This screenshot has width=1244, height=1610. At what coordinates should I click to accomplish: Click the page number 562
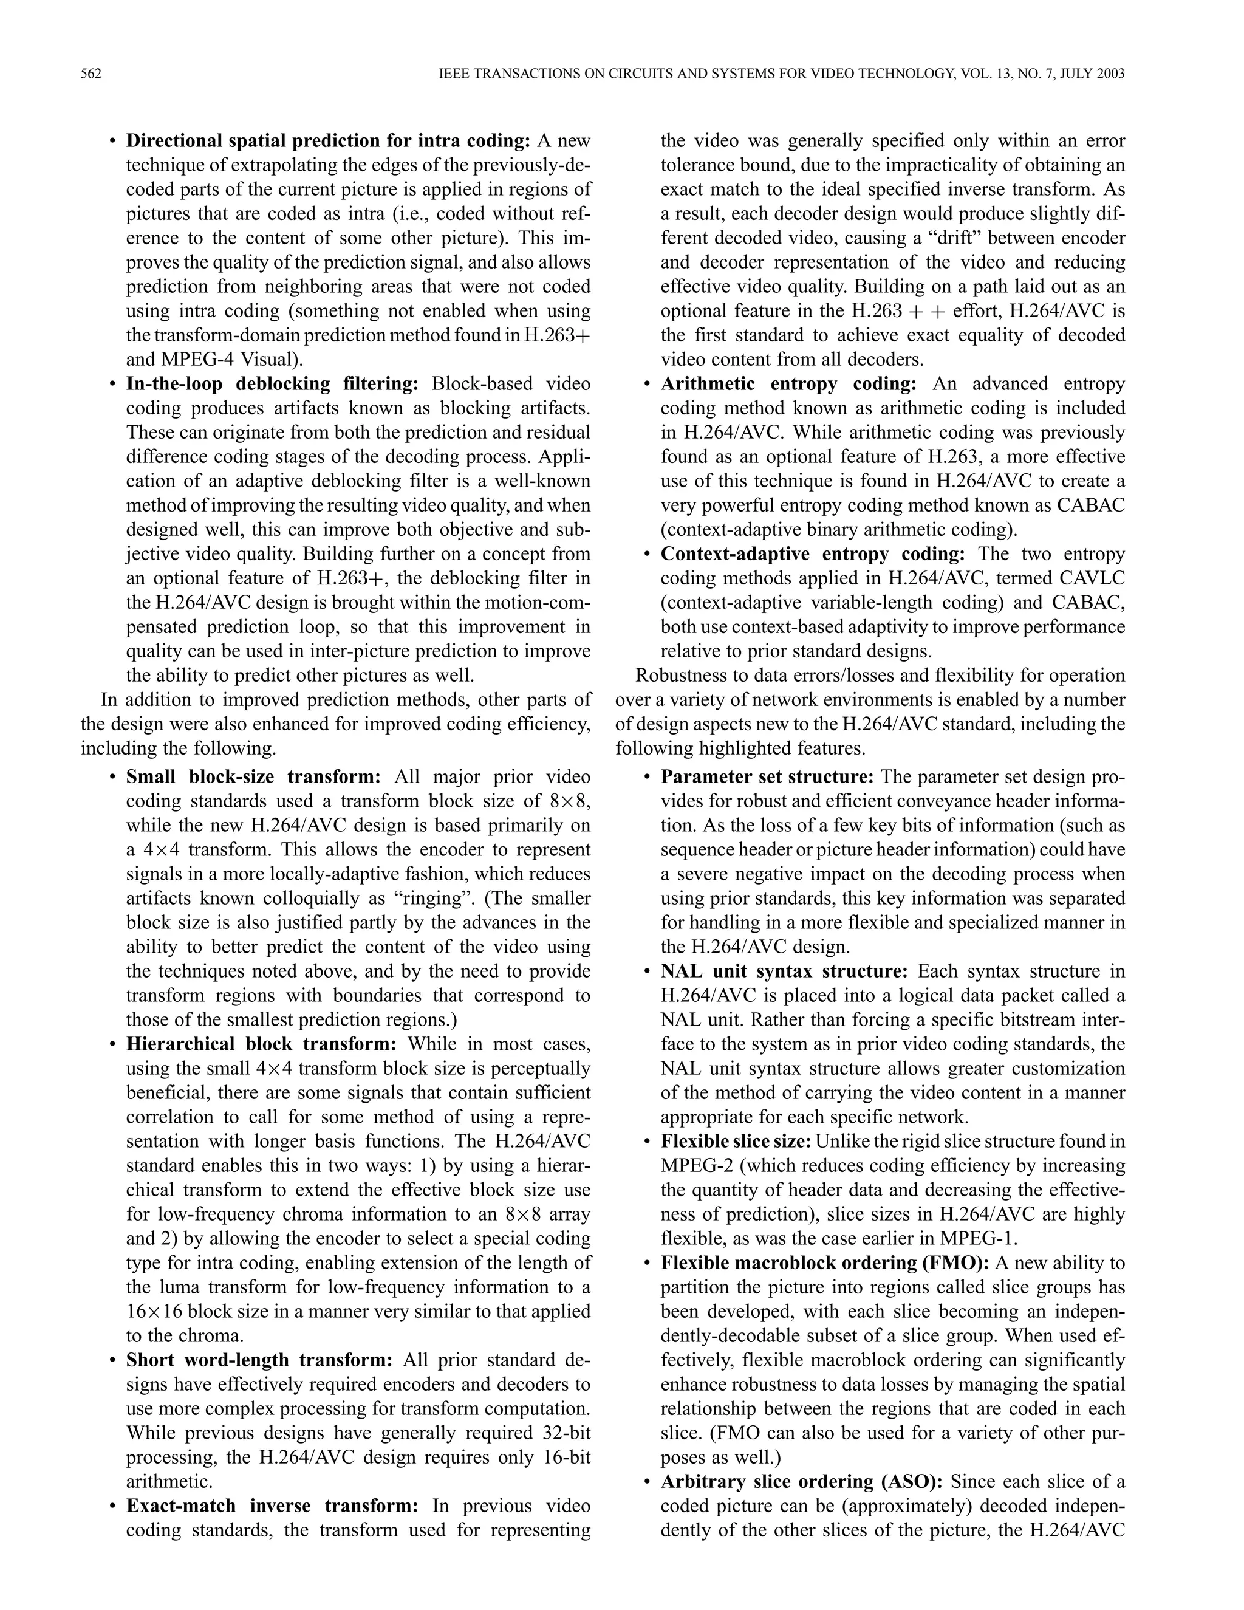91,74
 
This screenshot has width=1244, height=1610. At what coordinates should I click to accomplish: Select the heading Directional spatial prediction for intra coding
328,141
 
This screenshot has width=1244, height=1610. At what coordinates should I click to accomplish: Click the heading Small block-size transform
253,777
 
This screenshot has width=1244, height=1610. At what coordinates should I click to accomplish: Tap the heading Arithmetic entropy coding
788,384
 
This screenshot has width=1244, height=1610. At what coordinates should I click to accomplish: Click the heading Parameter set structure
767,777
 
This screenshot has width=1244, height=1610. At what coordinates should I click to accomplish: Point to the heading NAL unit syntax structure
784,971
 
